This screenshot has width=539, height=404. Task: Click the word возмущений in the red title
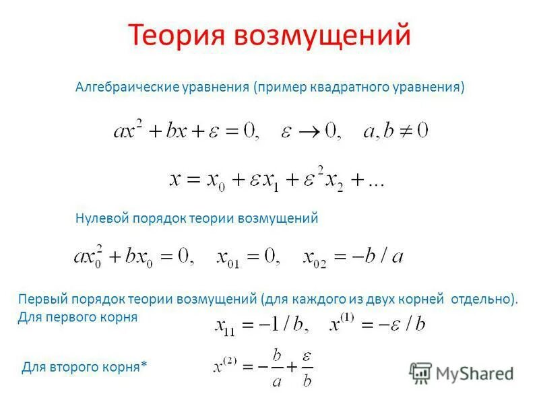tap(322, 34)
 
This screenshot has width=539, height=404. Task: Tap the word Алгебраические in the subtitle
tap(126, 88)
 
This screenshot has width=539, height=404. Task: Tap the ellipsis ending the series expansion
tap(373, 180)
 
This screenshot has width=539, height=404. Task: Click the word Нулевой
tap(98, 219)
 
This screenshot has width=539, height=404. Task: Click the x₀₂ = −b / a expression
tap(353, 257)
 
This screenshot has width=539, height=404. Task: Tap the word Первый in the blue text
tap(42, 298)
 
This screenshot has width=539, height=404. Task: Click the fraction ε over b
tap(306, 368)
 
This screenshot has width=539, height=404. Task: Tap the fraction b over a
tap(276, 368)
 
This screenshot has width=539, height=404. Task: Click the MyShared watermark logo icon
tap(421, 372)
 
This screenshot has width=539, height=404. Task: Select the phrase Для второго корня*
tap(84, 367)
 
